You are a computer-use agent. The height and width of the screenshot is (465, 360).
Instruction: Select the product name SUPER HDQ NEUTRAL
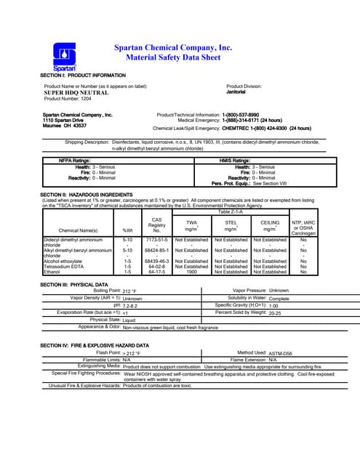tap(76, 93)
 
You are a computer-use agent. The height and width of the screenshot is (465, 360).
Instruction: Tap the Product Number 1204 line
tap(71, 99)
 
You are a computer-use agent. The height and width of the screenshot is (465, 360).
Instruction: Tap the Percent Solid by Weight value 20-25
tap(274, 314)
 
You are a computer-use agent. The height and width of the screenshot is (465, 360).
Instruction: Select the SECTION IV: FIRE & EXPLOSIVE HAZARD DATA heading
tap(95, 345)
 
